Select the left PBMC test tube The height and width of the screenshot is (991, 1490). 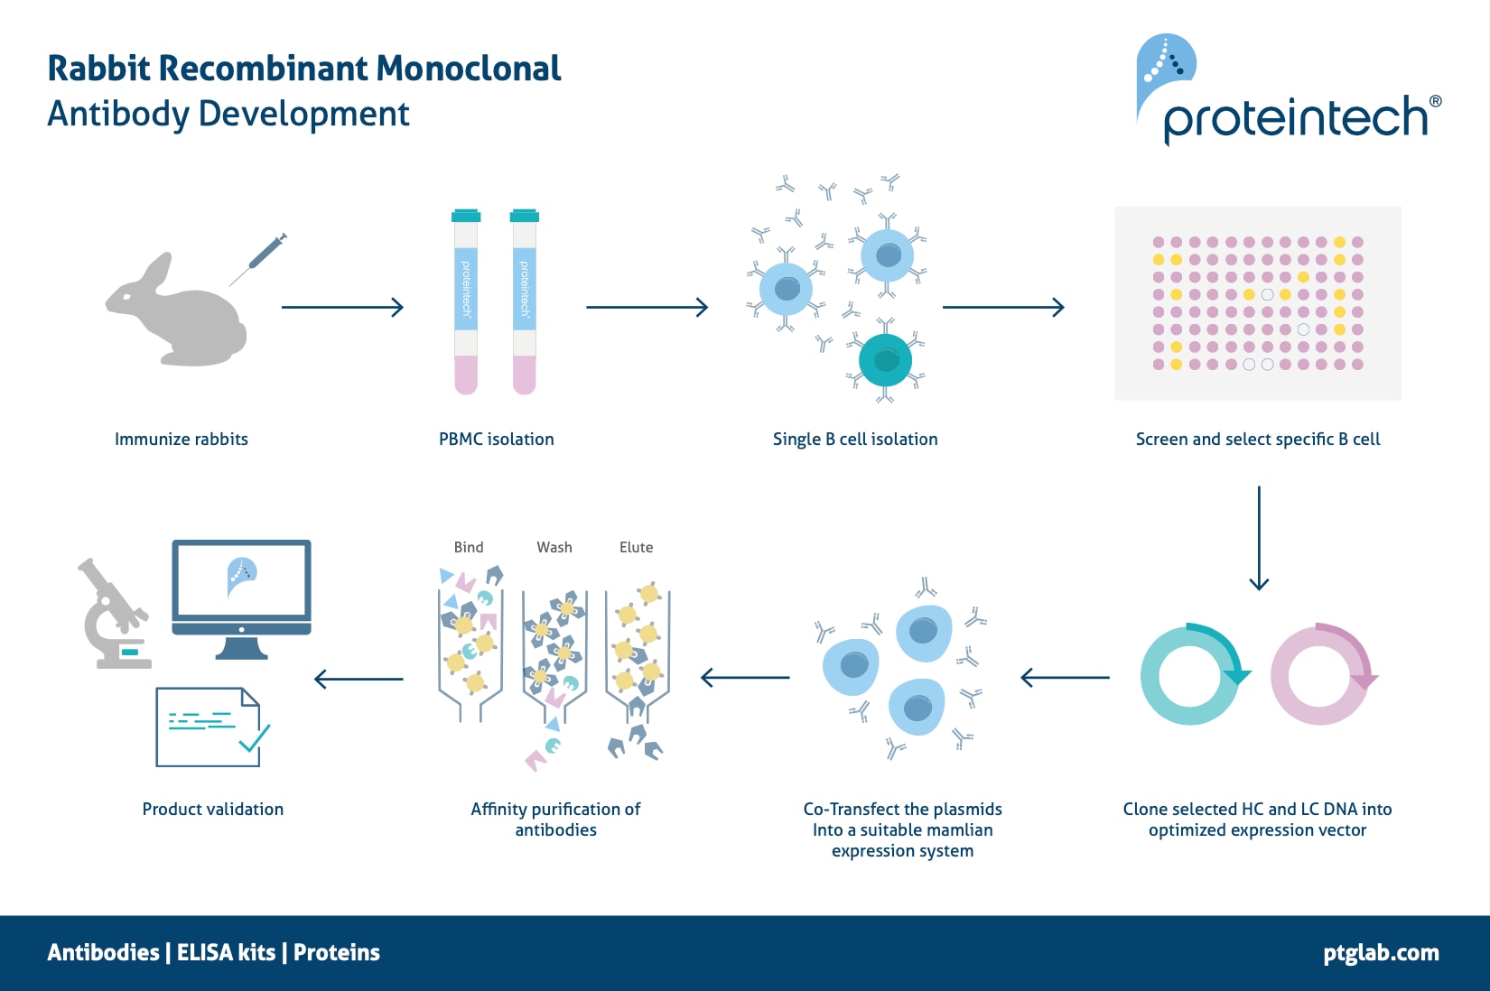(x=466, y=302)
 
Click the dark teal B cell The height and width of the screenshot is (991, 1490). (x=885, y=361)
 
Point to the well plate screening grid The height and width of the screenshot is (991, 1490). (x=1258, y=303)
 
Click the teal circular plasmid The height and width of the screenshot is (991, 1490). (x=1190, y=675)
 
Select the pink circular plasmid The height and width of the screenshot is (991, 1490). (x=1320, y=675)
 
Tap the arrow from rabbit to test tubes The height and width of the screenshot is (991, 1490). (x=342, y=308)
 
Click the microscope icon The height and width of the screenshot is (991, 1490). (x=113, y=614)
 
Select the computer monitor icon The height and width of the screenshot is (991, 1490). (x=241, y=596)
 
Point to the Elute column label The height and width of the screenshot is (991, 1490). (x=636, y=547)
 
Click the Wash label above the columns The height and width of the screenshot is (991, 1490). (x=554, y=547)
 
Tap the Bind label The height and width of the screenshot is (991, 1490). (x=468, y=547)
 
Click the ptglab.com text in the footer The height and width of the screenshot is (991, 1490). (x=1381, y=953)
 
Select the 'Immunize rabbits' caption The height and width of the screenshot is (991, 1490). (x=181, y=440)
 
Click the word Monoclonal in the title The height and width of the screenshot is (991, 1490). (x=469, y=69)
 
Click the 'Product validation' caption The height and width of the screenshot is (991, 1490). (x=212, y=810)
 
